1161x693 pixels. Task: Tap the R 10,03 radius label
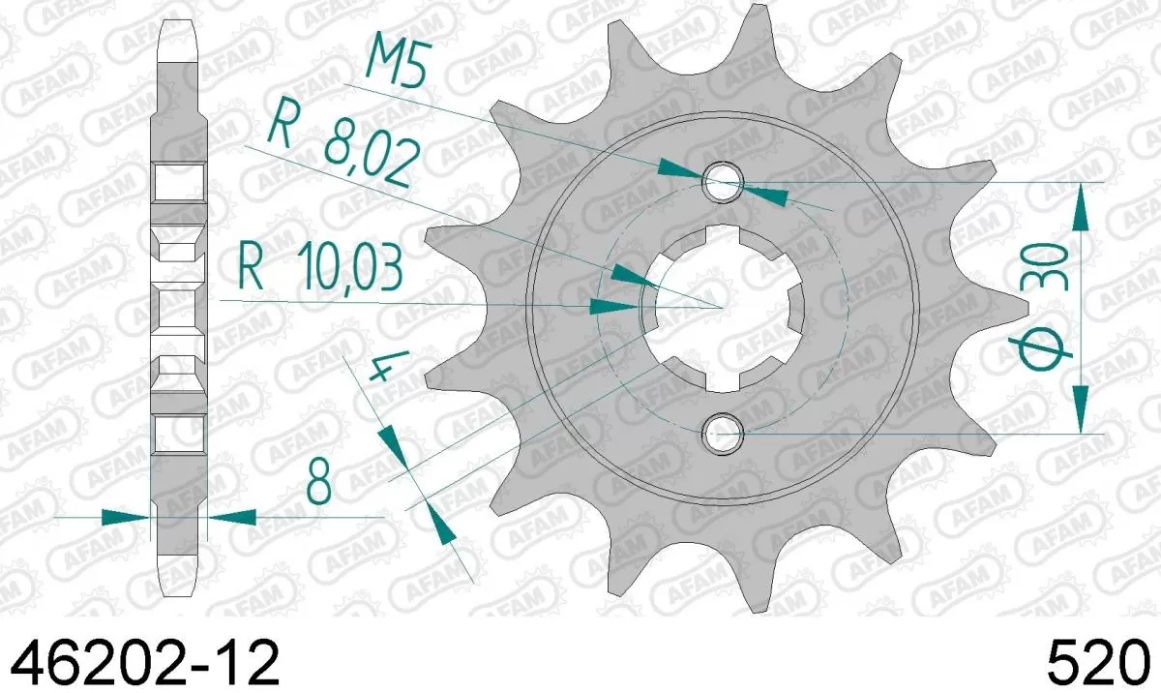(x=320, y=271)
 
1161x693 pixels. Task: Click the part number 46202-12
(x=145, y=664)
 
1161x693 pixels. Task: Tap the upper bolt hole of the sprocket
(x=724, y=181)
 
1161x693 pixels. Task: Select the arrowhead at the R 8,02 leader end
(x=628, y=276)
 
